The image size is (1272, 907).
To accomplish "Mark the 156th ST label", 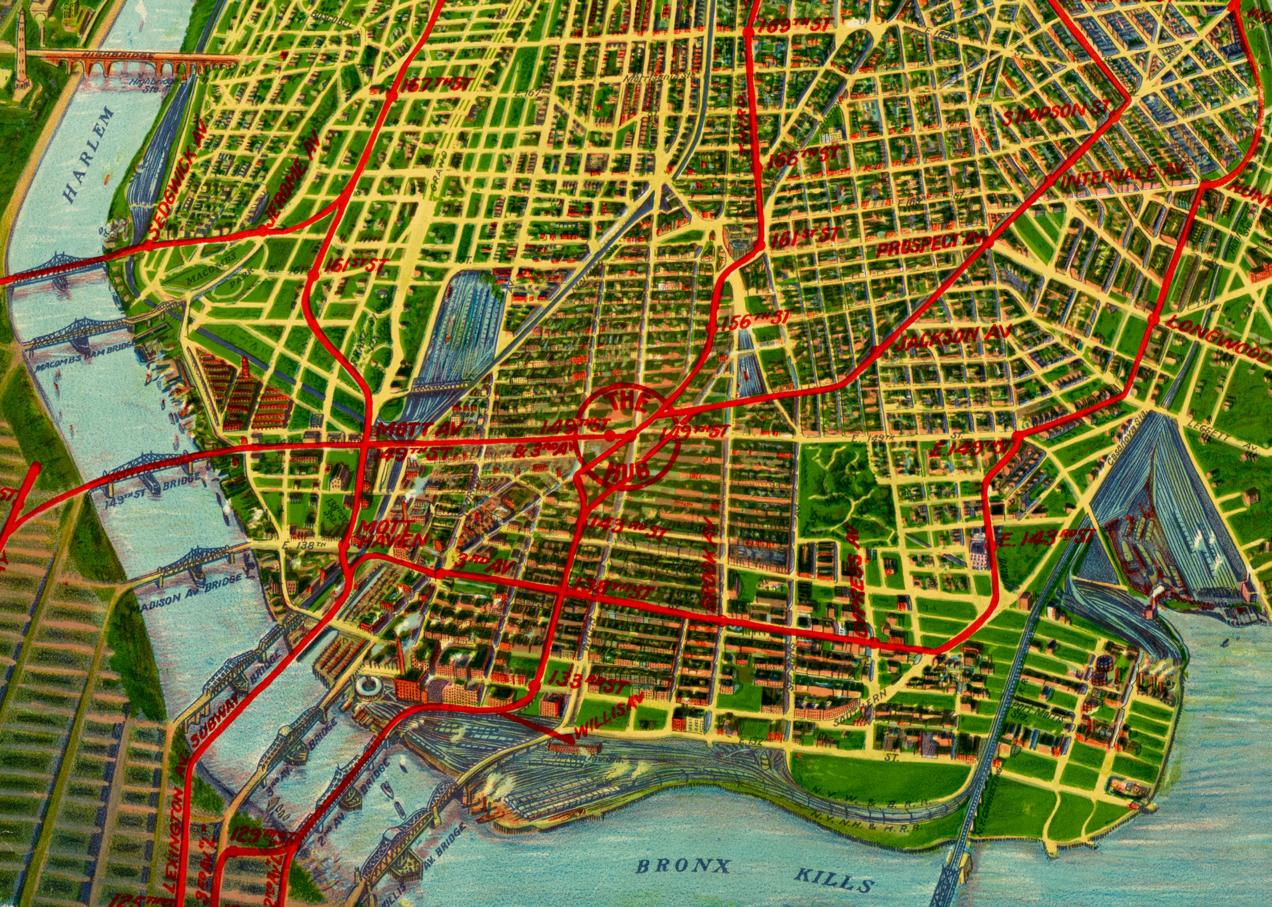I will click(755, 321).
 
